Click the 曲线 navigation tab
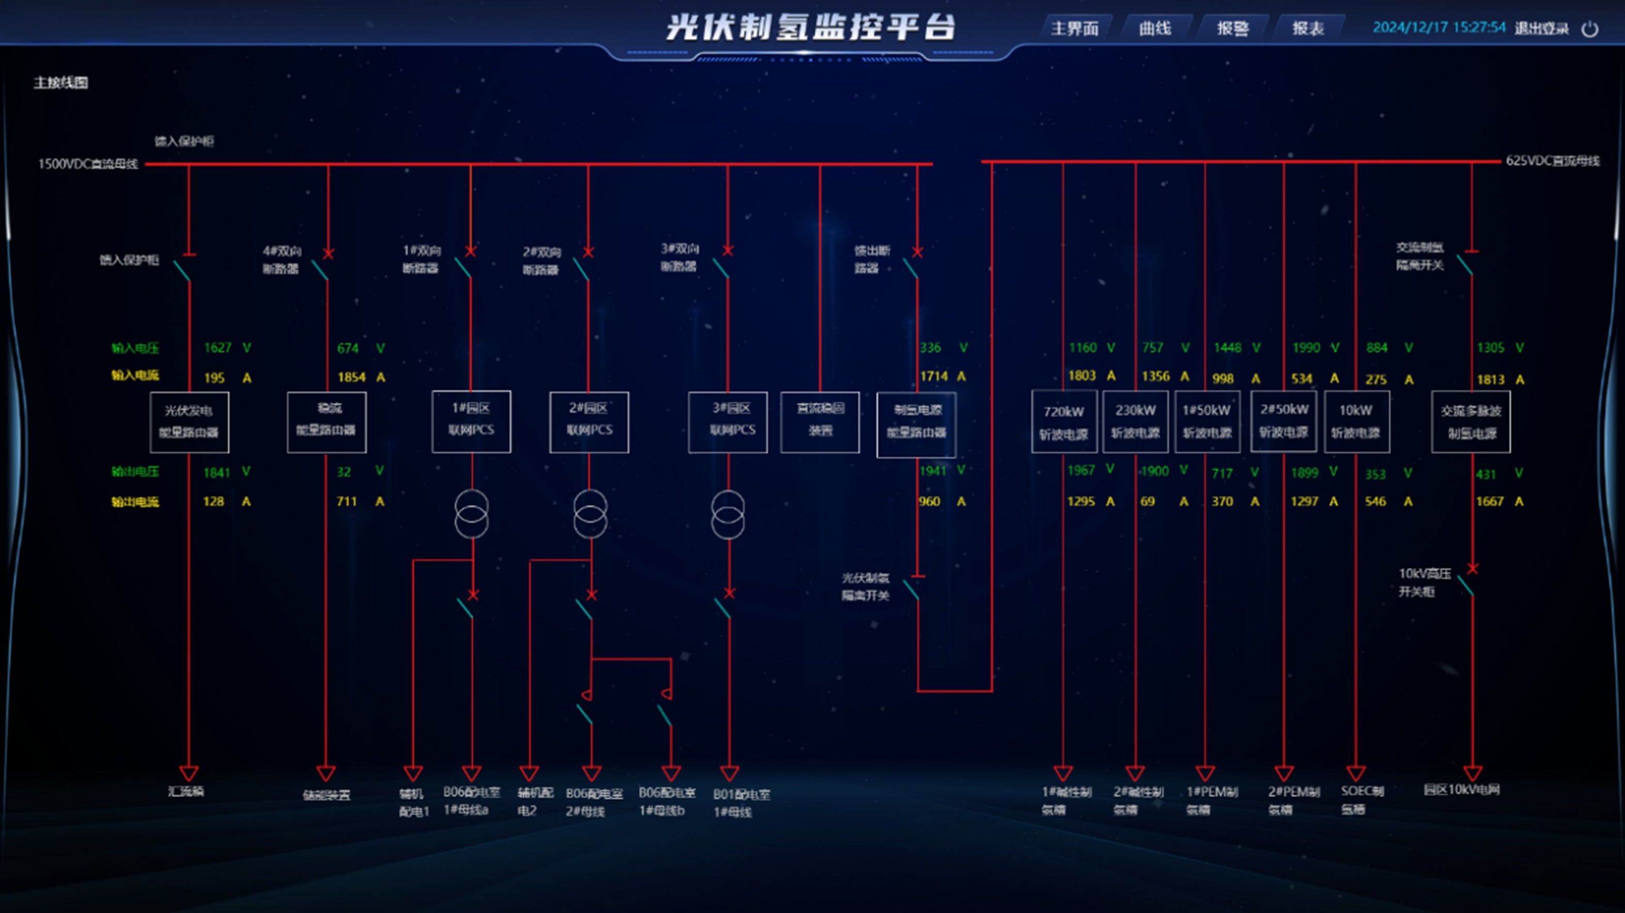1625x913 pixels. (1155, 28)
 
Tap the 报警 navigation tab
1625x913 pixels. (1232, 28)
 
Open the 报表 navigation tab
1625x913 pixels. (1308, 28)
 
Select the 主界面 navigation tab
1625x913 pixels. (1074, 28)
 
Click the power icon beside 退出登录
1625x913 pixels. (1590, 29)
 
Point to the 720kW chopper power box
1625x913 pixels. (1064, 422)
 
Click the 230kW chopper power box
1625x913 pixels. (1135, 421)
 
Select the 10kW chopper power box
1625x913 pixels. (1355, 421)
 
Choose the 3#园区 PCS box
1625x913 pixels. (728, 421)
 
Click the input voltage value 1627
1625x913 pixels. (217, 348)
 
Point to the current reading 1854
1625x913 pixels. (351, 377)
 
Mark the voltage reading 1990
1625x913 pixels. (1306, 348)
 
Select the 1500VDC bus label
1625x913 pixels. (88, 164)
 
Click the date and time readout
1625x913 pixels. (1439, 28)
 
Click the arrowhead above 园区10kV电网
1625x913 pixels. (1472, 773)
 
